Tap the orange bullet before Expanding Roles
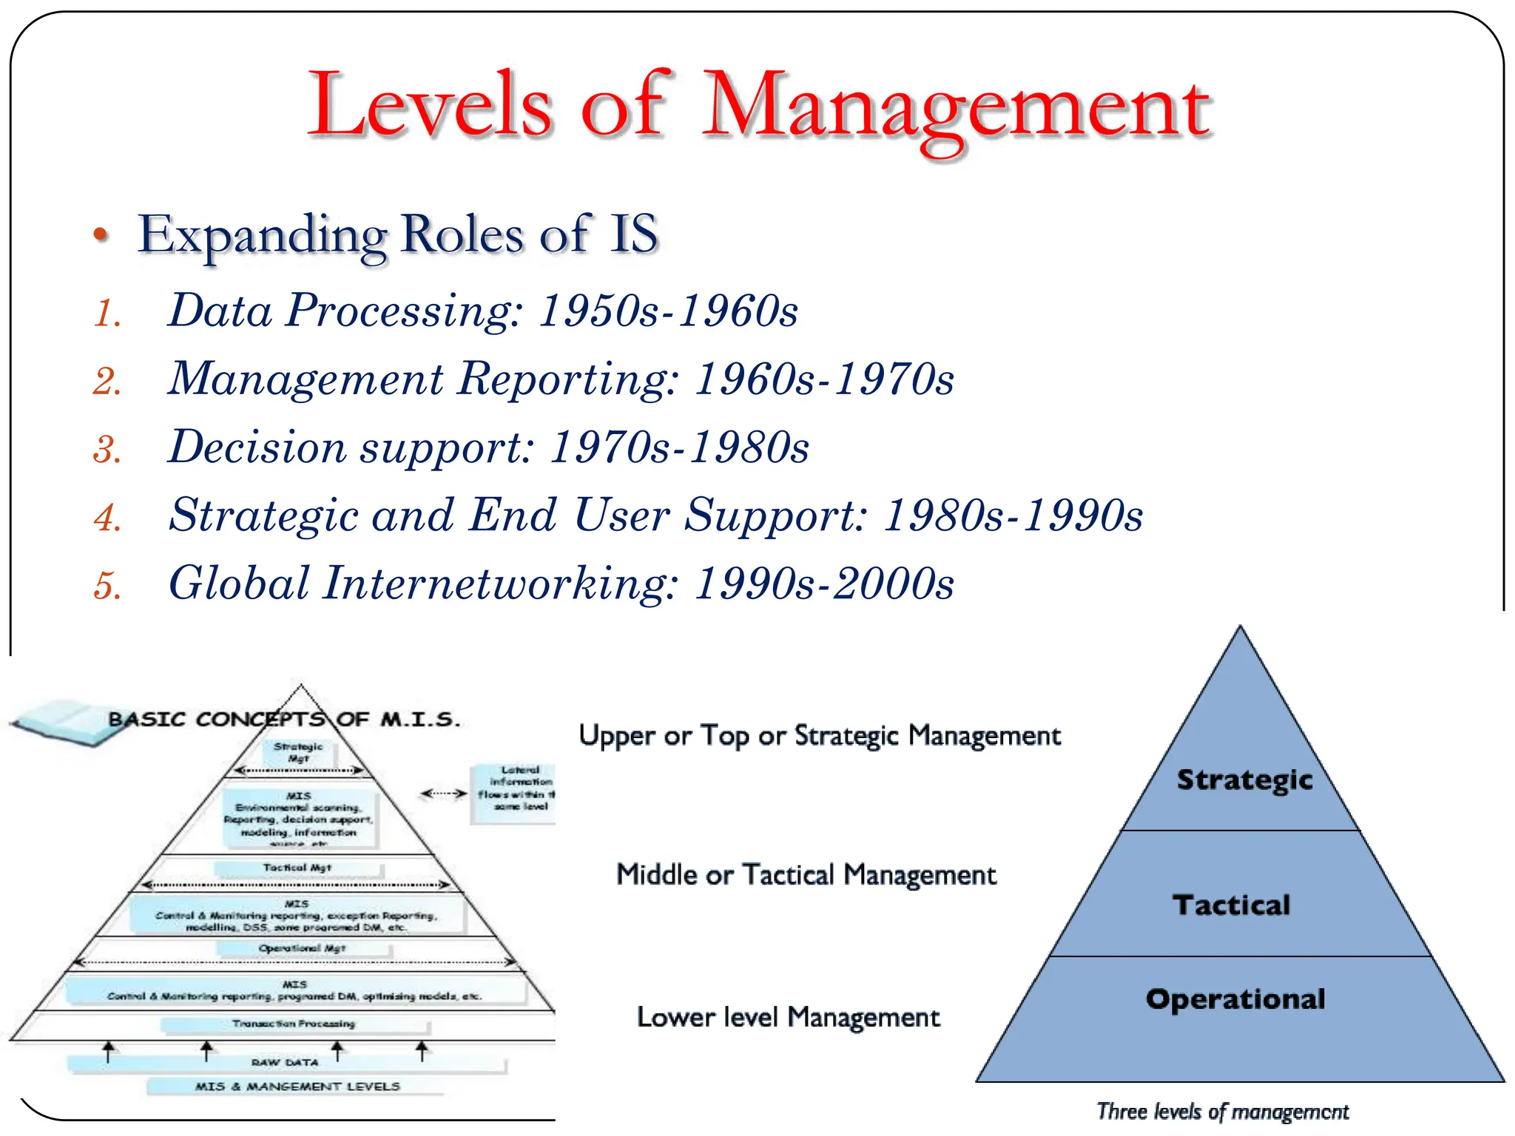pyautogui.click(x=101, y=235)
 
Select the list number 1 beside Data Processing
pyautogui.click(x=107, y=313)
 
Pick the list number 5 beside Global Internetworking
pyautogui.click(x=107, y=586)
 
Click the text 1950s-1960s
pyautogui.click(x=668, y=311)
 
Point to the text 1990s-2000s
pyautogui.click(x=824, y=584)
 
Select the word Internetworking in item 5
pyautogui.click(x=500, y=584)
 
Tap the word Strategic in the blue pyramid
pyautogui.click(x=1244, y=780)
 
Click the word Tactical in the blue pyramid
pyautogui.click(x=1231, y=905)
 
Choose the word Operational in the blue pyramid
pyautogui.click(x=1235, y=999)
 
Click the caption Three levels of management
pyautogui.click(x=1222, y=1112)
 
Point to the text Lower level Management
pyautogui.click(x=788, y=1018)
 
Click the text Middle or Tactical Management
pyautogui.click(x=806, y=875)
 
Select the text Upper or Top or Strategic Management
pyautogui.click(x=819, y=736)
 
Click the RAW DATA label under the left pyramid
pyautogui.click(x=285, y=1063)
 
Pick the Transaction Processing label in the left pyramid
pyautogui.click(x=294, y=1024)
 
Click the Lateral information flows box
pyautogui.click(x=516, y=788)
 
